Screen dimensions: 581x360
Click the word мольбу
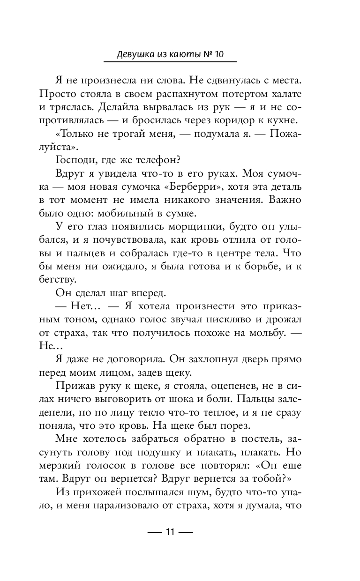click(x=271, y=335)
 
